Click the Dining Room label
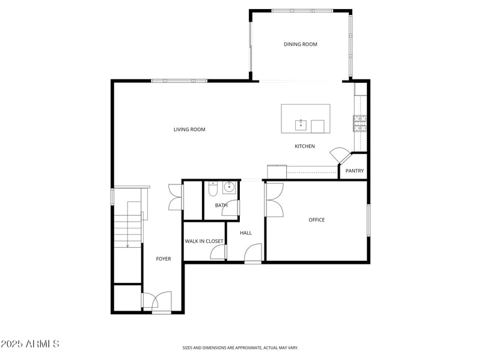[x=300, y=44]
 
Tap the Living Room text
[x=189, y=129]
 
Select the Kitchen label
[x=304, y=146]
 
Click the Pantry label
[x=355, y=171]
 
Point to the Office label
[x=316, y=220]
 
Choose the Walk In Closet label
[x=204, y=241]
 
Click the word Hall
[x=245, y=233]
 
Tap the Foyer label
[x=164, y=259]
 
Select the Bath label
[x=221, y=205]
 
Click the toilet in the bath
[x=212, y=189]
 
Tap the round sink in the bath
[x=229, y=188]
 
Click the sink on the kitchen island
[x=301, y=125]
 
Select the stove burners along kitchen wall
[x=360, y=123]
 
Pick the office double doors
[x=275, y=200]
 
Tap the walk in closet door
[x=218, y=253]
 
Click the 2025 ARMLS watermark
[x=30, y=344]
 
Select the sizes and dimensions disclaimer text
[x=240, y=347]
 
